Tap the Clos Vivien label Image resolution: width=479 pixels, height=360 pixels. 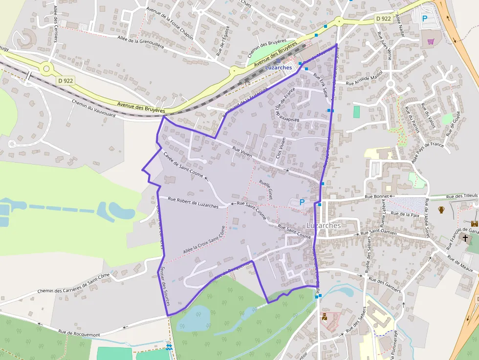pyautogui.click(x=280, y=149)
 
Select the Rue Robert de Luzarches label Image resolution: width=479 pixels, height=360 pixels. pyautogui.click(x=193, y=202)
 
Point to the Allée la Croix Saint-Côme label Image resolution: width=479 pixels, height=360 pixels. pyautogui.click(x=205, y=239)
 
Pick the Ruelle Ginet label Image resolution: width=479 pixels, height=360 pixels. pyautogui.click(x=266, y=190)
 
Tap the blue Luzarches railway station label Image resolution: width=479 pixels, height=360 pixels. pyautogui.click(x=279, y=67)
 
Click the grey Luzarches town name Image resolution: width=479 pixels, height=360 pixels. pyautogui.click(x=324, y=225)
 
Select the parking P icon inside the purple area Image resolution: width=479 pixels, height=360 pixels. pyautogui.click(x=302, y=202)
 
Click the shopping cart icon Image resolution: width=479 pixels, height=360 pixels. pyautogui.click(x=431, y=42)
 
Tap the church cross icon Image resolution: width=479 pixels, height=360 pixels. pyautogui.click(x=465, y=239)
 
